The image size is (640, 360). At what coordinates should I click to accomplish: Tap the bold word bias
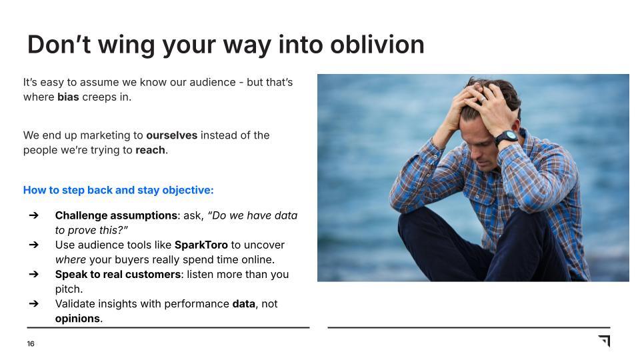pyautogui.click(x=68, y=97)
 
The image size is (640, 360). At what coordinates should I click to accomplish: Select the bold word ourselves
pyautogui.click(x=171, y=135)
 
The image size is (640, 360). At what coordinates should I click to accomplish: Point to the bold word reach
pyautogui.click(x=150, y=150)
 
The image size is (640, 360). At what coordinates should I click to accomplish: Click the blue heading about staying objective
pyautogui.click(x=118, y=190)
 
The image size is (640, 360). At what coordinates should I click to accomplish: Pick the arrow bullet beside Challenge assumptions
pyautogui.click(x=33, y=215)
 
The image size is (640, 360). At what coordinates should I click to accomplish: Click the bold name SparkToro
pyautogui.click(x=201, y=245)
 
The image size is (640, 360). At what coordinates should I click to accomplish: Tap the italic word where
pyautogui.click(x=70, y=259)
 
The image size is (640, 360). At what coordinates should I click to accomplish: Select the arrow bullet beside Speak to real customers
pyautogui.click(x=33, y=274)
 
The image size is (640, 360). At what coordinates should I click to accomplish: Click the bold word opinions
pyautogui.click(x=77, y=318)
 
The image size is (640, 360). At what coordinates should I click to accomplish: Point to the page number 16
pyautogui.click(x=31, y=344)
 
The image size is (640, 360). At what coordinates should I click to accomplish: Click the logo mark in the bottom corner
pyautogui.click(x=604, y=341)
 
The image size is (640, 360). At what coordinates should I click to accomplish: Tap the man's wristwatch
pyautogui.click(x=506, y=138)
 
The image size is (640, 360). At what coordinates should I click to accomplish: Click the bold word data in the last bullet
pyautogui.click(x=243, y=303)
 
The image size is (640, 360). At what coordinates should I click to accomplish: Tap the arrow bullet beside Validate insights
pyautogui.click(x=33, y=303)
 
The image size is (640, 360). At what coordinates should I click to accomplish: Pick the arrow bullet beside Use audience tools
pyautogui.click(x=33, y=245)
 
